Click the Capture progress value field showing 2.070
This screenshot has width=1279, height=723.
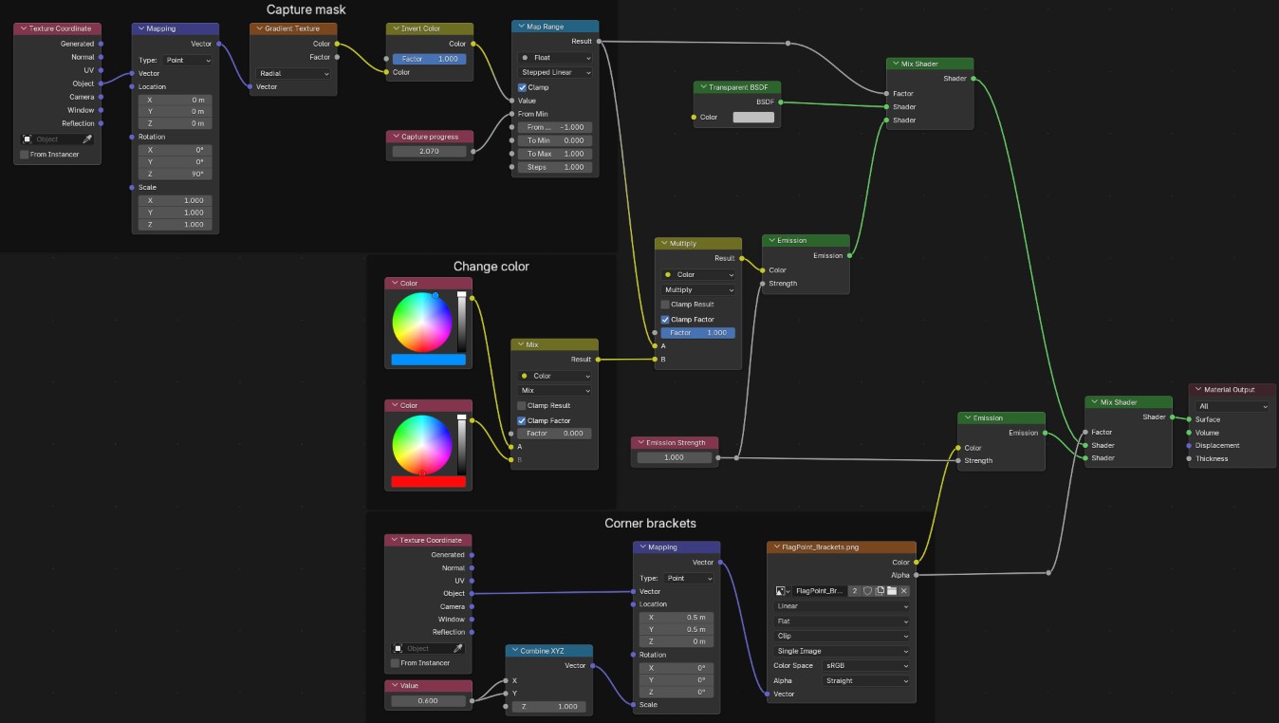[430, 152]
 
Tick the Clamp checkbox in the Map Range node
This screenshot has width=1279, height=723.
[522, 87]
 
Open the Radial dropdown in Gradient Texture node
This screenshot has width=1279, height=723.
[293, 74]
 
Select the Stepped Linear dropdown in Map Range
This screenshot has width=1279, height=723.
[555, 72]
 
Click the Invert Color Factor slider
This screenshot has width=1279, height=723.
[430, 59]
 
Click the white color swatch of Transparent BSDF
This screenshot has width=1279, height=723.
[753, 117]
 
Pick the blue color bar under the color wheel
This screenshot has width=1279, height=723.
[428, 360]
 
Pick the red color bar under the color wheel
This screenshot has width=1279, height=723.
[428, 482]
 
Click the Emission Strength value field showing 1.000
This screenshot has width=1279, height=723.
[674, 457]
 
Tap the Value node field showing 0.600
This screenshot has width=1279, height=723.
[428, 701]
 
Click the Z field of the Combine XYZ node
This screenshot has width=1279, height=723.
[549, 707]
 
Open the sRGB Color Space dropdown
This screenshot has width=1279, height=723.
[865, 666]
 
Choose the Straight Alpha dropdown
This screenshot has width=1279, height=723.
[865, 680]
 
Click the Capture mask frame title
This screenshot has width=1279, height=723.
[306, 9]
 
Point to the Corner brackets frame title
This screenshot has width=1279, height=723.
[650, 523]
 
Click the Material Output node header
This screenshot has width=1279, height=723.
[1233, 389]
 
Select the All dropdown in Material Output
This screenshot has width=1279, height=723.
[1233, 407]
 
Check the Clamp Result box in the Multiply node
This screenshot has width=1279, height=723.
[665, 305]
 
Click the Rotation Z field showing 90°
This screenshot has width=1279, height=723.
[176, 175]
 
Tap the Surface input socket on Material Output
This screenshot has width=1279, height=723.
[1190, 419]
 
